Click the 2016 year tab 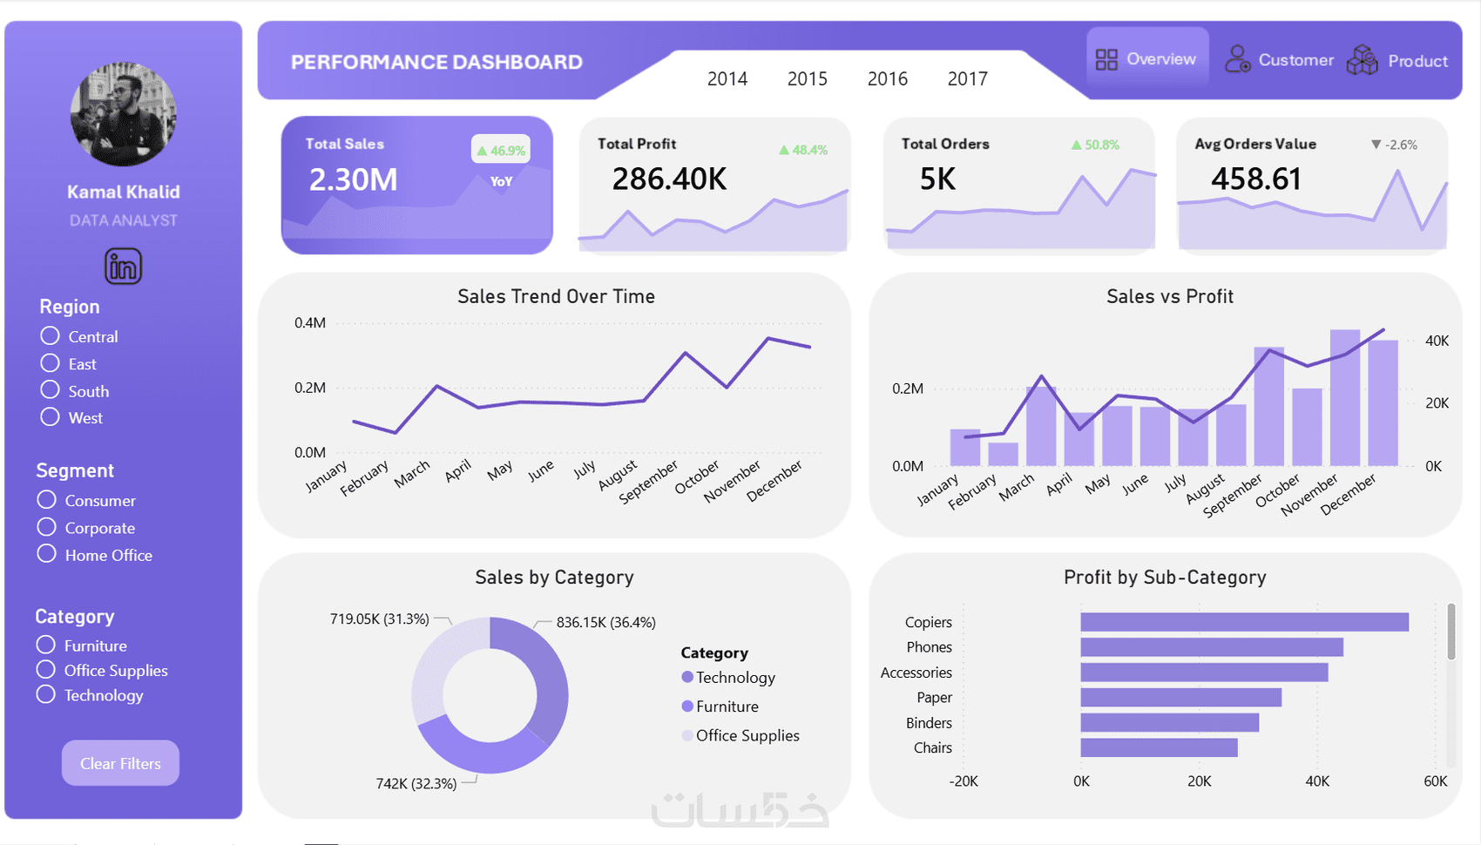(887, 79)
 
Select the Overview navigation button (1146, 59)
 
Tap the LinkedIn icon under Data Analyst (123, 267)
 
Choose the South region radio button (51, 390)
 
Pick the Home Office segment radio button (47, 554)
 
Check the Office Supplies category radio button (46, 670)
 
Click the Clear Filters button (120, 763)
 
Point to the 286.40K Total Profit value (669, 179)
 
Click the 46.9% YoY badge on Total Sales (501, 150)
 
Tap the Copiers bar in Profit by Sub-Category (1244, 622)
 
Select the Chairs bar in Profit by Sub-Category (1159, 747)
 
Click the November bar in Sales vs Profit (1344, 397)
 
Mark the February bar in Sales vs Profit (1003, 454)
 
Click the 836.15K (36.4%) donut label (605, 622)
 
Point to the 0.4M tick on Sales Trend (310, 323)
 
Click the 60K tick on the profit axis (1435, 781)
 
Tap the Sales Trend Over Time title (556, 296)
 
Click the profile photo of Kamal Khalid (123, 114)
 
